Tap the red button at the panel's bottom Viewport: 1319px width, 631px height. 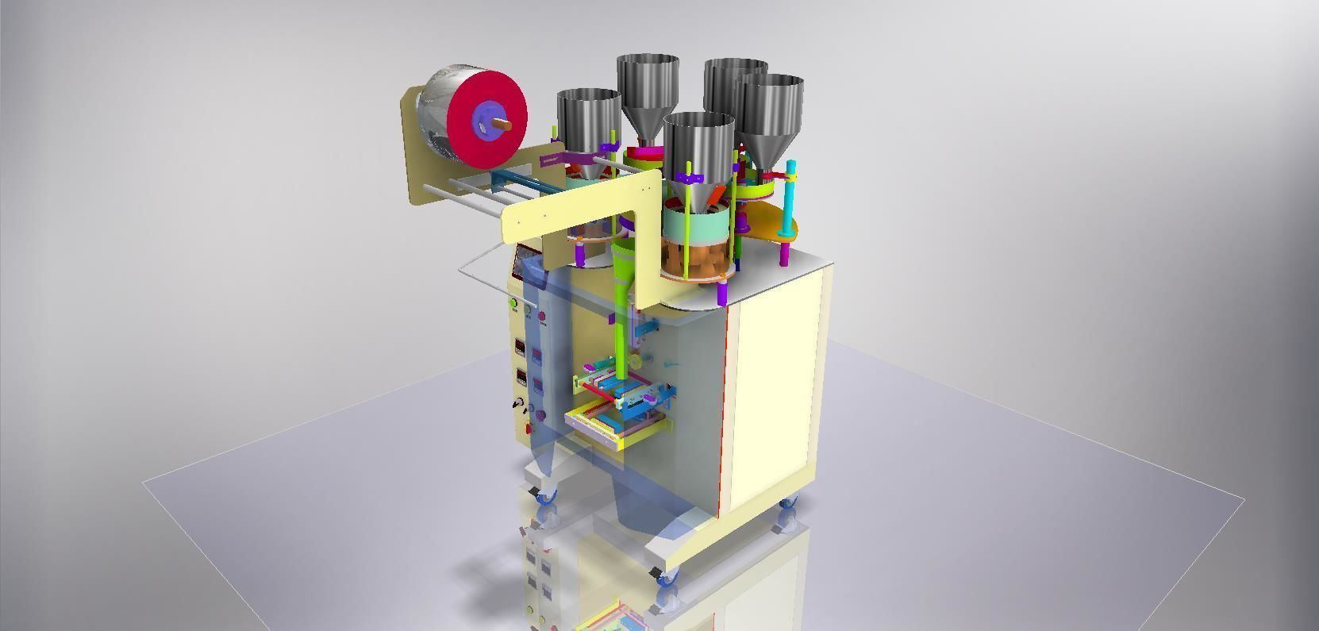(x=528, y=429)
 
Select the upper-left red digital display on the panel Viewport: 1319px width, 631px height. (x=520, y=348)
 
